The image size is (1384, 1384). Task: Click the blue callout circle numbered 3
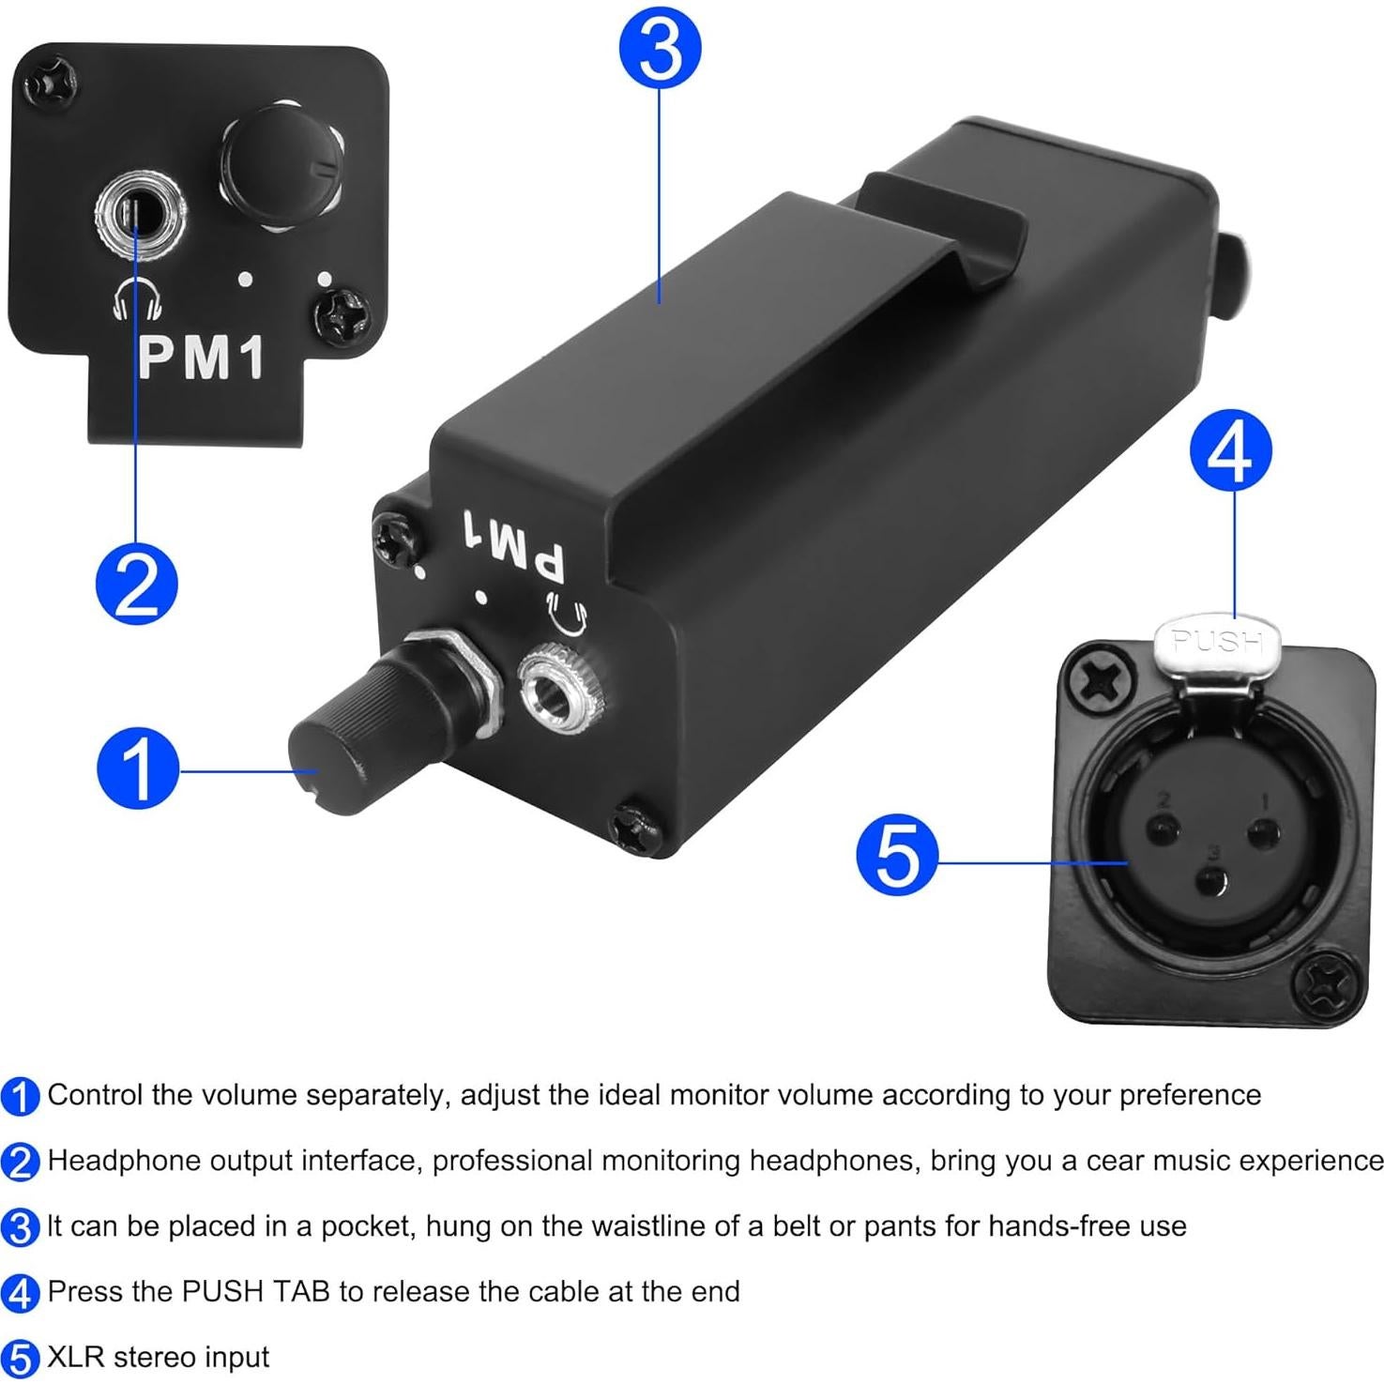pos(661,49)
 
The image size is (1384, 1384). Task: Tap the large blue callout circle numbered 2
pos(137,584)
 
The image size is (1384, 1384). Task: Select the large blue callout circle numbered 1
pos(138,768)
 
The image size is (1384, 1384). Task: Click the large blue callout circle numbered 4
pos(1231,452)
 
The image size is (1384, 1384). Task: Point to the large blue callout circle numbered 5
pos(897,854)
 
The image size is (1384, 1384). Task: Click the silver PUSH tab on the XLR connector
pos(1217,645)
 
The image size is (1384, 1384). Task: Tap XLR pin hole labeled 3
pos(1213,880)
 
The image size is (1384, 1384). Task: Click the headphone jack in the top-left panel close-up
pos(140,216)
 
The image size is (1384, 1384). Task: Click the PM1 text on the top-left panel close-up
pos(201,358)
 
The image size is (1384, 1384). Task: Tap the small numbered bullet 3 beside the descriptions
pos(20,1227)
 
